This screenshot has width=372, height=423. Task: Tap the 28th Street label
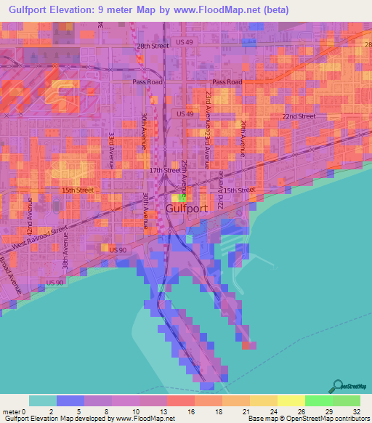pyautogui.click(x=153, y=46)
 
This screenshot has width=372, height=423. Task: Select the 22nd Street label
pyautogui.click(x=299, y=116)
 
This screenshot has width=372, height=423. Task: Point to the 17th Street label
pyautogui.click(x=164, y=170)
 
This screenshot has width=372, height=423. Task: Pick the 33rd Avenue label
pyautogui.click(x=112, y=150)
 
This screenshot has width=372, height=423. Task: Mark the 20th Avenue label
pyautogui.click(x=243, y=139)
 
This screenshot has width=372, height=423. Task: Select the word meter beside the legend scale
pyautogui.click(x=10, y=411)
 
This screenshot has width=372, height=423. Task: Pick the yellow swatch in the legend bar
pyautogui.click(x=291, y=400)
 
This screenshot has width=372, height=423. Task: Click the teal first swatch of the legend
pyautogui.click(x=43, y=400)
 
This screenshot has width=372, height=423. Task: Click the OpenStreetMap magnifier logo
pyautogui.click(x=338, y=385)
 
